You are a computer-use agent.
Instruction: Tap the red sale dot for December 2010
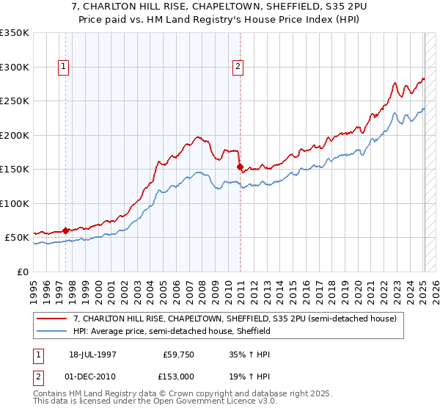[241, 167]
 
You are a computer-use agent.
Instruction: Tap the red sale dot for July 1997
[66, 230]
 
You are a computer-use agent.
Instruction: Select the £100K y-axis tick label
[15, 203]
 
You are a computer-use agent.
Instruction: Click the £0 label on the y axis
[23, 272]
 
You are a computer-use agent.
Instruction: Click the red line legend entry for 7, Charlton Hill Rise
[235, 319]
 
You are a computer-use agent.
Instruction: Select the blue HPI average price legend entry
[172, 331]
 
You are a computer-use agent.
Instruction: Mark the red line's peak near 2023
[395, 83]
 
